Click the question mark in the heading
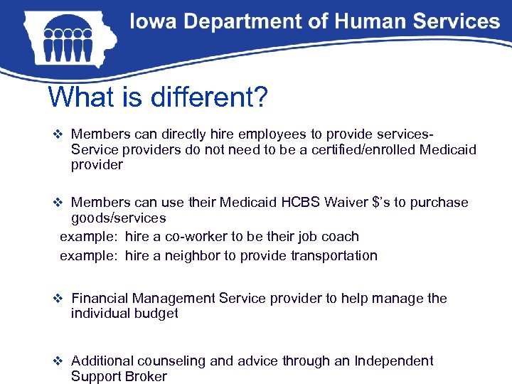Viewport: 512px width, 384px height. (260, 97)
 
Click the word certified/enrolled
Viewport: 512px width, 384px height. (363, 149)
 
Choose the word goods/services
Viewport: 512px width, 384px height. (118, 218)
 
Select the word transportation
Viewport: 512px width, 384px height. (332, 255)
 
